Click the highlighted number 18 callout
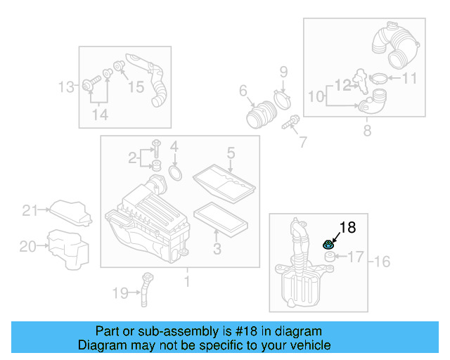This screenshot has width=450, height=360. pos(347,227)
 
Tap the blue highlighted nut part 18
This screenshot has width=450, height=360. pos(328,245)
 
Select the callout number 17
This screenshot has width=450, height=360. pos(356,257)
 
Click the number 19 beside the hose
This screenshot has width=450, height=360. pos(120,292)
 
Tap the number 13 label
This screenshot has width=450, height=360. pos(65,87)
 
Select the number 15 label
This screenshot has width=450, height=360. pos(135,86)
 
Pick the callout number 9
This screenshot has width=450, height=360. pos(283,71)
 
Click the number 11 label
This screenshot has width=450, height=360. pos(409,78)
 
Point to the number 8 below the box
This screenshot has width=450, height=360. pos(367,131)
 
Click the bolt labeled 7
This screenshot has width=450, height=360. pos(288,124)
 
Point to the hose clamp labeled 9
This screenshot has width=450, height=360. pos(283,97)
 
